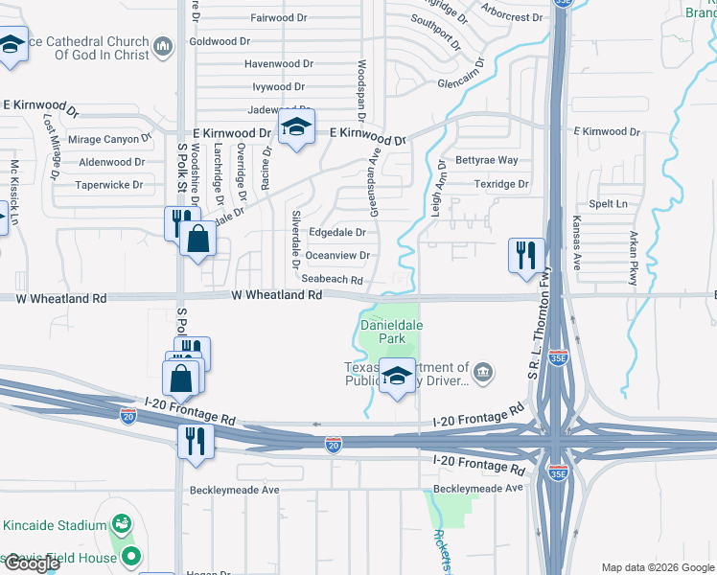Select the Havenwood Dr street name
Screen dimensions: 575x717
[279, 64]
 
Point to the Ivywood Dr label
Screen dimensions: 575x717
[278, 87]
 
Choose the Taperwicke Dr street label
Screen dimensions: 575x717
[109, 185]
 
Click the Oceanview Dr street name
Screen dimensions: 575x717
[336, 256]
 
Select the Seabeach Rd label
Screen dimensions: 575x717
[332, 280]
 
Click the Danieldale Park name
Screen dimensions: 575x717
[390, 332]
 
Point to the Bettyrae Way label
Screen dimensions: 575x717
[486, 160]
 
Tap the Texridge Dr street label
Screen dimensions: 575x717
[500, 184]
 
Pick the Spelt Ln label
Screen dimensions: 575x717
[608, 204]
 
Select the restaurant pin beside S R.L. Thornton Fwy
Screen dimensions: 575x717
[526, 255]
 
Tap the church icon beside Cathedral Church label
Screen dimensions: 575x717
[161, 46]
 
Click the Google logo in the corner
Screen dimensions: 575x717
[32, 563]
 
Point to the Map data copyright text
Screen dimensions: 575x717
[657, 567]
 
